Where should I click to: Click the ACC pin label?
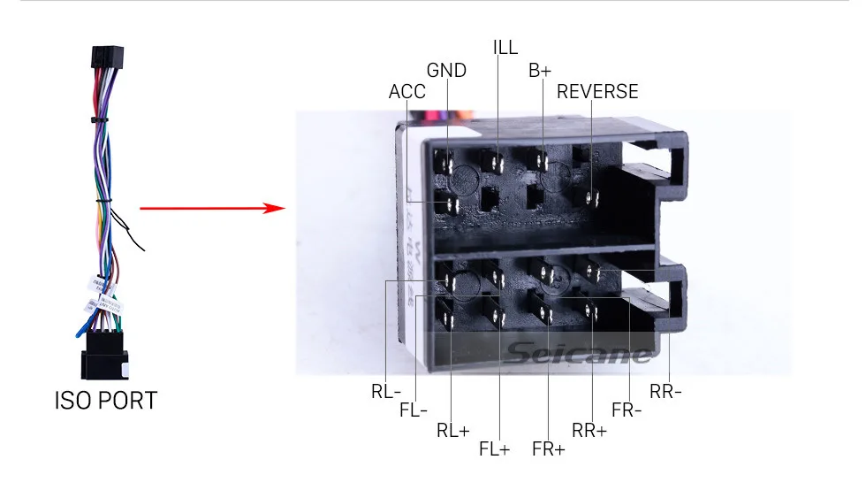click(x=406, y=92)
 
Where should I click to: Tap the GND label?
click(x=446, y=71)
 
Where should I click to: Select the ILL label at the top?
click(x=505, y=47)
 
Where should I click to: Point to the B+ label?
click(x=540, y=71)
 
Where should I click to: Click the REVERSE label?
click(x=596, y=92)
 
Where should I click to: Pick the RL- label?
click(x=386, y=392)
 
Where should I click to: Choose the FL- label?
click(x=414, y=410)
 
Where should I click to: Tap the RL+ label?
click(x=452, y=431)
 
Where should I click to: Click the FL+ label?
click(x=495, y=448)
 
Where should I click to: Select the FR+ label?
click(x=548, y=448)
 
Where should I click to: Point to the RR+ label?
click(x=589, y=431)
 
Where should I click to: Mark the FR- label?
click(x=627, y=410)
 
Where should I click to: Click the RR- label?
click(x=665, y=392)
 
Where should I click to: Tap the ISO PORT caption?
click(x=105, y=401)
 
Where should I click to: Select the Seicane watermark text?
click(x=579, y=355)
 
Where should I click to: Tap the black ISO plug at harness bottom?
click(x=104, y=361)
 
